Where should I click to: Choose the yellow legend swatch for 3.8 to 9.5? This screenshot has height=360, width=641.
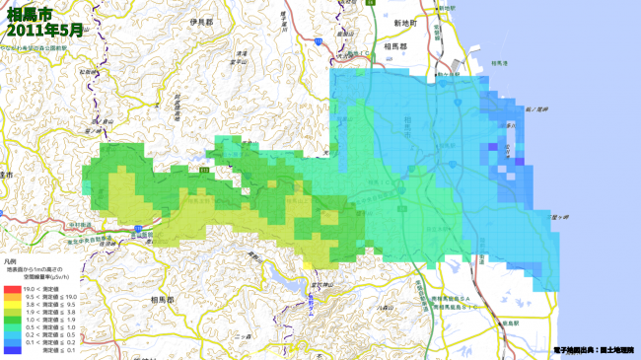coord(12,304)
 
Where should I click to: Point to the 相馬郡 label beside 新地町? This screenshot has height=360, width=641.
coord(394,46)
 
